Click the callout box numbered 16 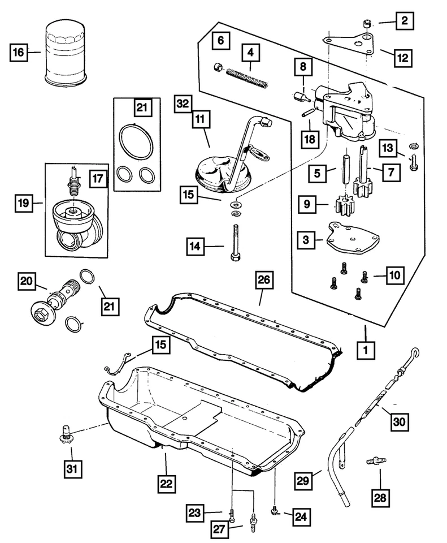click(19, 54)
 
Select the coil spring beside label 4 click(246, 74)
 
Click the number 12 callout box click(403, 57)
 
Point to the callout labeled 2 click(404, 22)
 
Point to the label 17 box click(97, 179)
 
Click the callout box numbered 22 click(167, 484)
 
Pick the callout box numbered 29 click(304, 480)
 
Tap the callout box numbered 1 click(366, 350)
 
